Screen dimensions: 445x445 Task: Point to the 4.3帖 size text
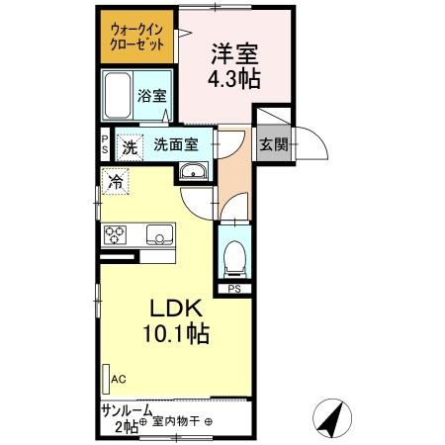click(x=233, y=80)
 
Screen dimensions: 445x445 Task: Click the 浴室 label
click(x=157, y=97)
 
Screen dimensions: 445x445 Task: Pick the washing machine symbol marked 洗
click(x=130, y=146)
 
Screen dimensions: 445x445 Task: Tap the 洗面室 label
click(x=181, y=143)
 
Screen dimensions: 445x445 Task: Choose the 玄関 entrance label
click(x=273, y=143)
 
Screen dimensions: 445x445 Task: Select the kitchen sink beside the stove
click(x=158, y=234)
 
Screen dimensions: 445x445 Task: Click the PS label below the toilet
click(x=234, y=289)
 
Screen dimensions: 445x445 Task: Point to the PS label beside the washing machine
click(x=105, y=144)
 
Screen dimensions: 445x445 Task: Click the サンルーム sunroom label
click(x=125, y=409)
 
